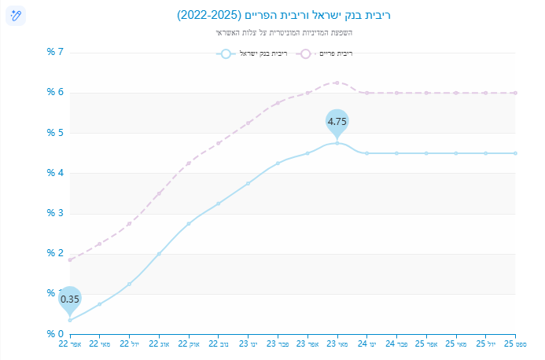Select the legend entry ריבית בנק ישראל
[252, 53]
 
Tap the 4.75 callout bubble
[337, 121]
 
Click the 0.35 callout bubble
[70, 299]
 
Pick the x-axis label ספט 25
[515, 344]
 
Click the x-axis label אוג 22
[159, 344]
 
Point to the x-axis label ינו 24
[366, 344]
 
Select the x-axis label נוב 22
[218, 344]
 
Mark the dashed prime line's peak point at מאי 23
[337, 83]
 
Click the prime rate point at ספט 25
[515, 93]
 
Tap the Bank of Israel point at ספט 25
[515, 153]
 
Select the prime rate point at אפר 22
[70, 259]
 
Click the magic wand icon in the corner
[16, 15]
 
